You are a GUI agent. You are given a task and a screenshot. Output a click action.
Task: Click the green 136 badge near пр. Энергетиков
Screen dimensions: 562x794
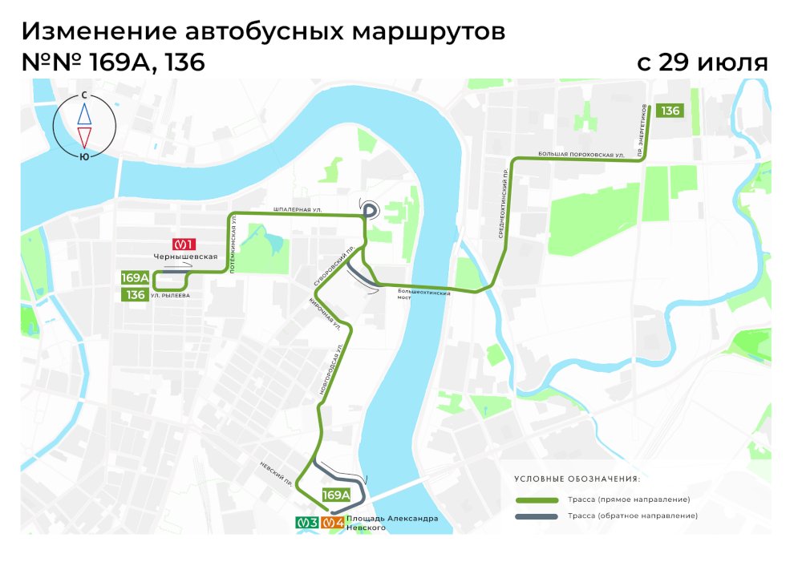click(670, 111)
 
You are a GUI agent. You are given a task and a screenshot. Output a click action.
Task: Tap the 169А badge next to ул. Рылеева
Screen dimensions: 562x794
click(136, 278)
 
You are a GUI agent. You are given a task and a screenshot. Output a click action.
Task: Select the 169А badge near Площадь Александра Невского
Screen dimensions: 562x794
click(336, 495)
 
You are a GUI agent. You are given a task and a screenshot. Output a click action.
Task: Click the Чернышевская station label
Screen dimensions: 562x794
click(187, 257)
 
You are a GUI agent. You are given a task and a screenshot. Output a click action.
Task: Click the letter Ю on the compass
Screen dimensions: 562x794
click(84, 157)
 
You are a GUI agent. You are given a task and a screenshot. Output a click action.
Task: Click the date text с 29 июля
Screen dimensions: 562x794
click(703, 63)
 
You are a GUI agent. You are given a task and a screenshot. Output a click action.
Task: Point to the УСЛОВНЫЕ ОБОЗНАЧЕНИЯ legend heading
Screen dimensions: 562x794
click(577, 479)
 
